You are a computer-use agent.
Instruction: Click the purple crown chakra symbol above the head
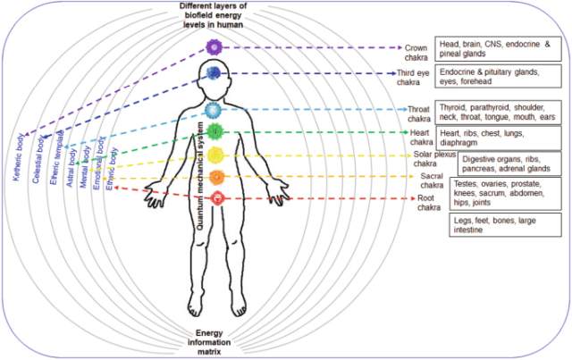click(214, 46)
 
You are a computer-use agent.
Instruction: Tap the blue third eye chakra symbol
click(214, 73)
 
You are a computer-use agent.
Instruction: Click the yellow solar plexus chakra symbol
click(214, 155)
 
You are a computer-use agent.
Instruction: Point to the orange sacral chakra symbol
click(214, 176)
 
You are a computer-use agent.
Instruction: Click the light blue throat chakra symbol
click(213, 110)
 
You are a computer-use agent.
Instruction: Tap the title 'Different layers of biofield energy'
click(213, 13)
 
